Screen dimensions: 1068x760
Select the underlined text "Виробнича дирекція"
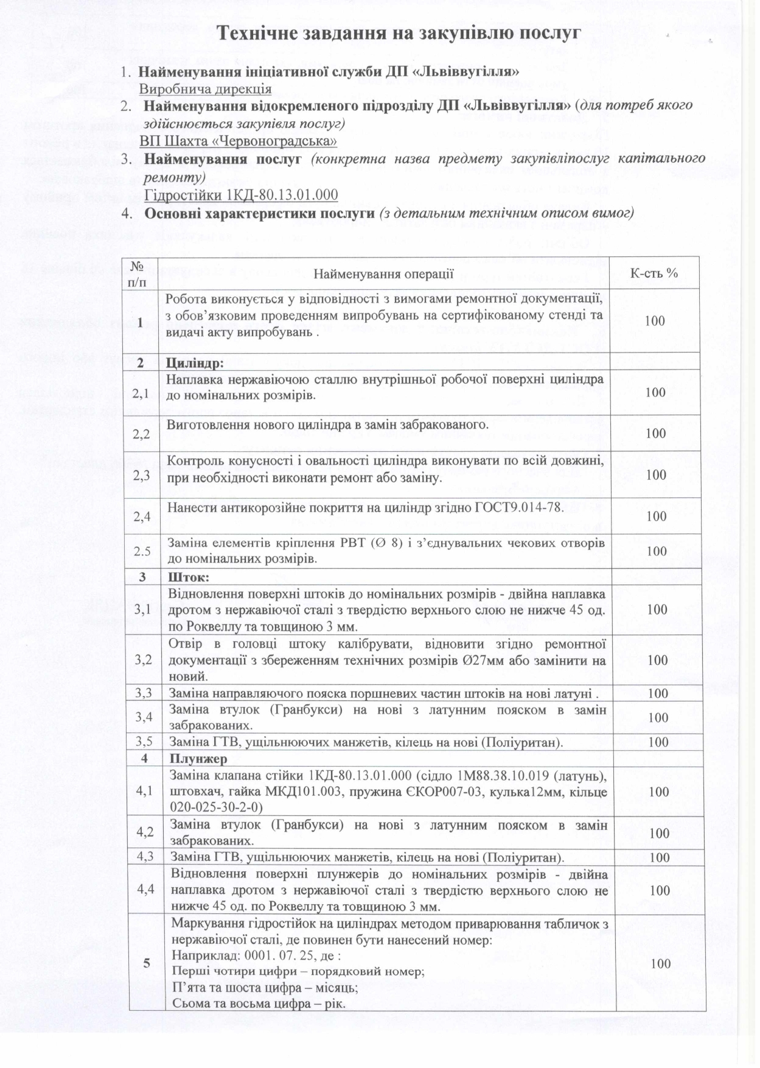[205, 89]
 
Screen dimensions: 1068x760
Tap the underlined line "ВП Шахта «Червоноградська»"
[238, 141]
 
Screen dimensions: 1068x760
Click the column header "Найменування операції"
[383, 273]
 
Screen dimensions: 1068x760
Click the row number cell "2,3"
[142, 476]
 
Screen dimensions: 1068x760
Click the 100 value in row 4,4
[660, 891]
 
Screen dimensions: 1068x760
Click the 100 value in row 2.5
[657, 552]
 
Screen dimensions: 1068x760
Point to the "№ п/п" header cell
[140, 273]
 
